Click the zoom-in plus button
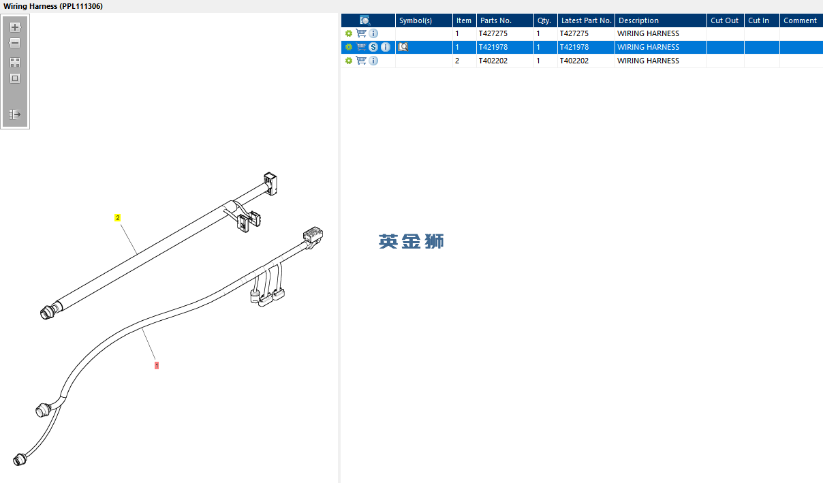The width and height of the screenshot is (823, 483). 15,27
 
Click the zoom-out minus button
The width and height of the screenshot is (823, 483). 15,43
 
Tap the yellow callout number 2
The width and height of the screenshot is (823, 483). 118,218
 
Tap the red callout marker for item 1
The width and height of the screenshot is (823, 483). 157,365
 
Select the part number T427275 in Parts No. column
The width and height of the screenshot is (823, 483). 493,33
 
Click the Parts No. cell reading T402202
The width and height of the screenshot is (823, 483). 493,61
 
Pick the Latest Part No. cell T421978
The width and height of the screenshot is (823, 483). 574,47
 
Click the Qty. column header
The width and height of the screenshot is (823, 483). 545,20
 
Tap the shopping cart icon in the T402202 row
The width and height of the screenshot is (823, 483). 361,61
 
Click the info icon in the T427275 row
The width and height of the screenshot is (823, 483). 373,33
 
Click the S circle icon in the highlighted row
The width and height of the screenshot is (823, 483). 373,47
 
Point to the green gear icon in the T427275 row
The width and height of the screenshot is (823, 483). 349,33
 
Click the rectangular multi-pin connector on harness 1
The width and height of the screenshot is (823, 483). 313,235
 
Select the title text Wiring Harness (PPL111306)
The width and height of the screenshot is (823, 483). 53,6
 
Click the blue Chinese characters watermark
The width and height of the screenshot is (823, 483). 411,241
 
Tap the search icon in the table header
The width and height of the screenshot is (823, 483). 364,20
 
